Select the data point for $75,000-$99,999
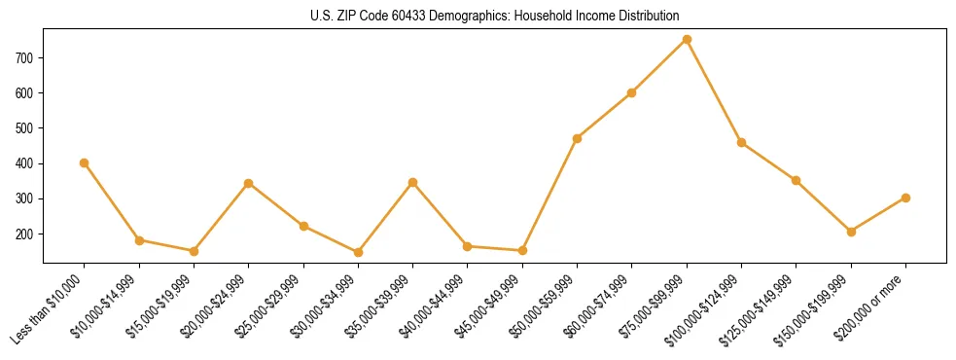[687, 40]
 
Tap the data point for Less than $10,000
[85, 162]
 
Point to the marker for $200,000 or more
[905, 198]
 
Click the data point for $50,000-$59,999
[578, 138]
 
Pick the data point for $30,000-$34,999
[358, 252]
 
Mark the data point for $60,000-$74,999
[632, 92]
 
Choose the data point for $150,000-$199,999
[851, 232]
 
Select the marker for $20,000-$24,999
[249, 183]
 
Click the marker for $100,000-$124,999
[741, 142]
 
